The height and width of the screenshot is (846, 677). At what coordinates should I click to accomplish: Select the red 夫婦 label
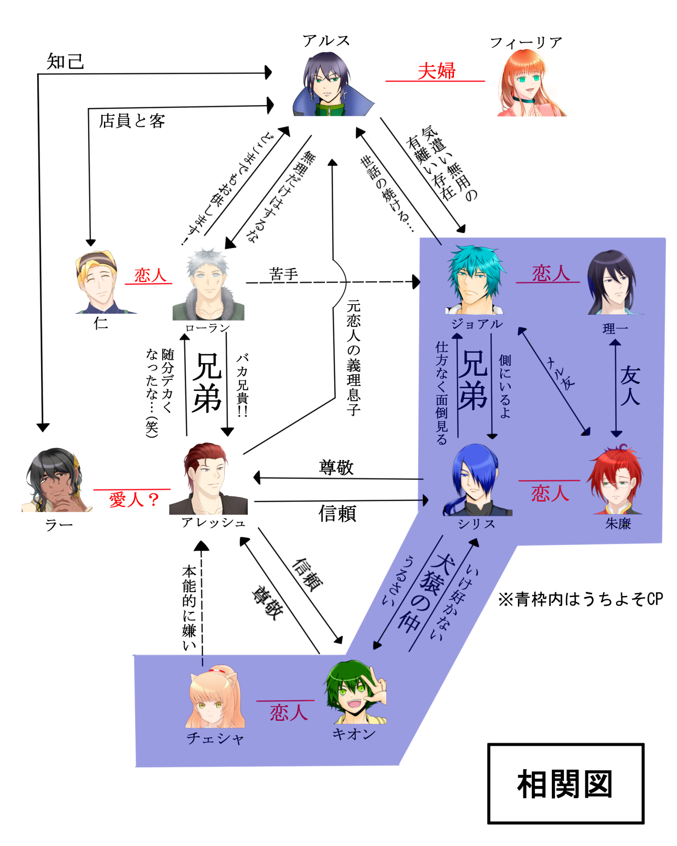[436, 71]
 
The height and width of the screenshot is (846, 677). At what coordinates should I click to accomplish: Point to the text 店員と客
[132, 121]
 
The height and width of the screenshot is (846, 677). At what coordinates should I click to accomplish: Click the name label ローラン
[208, 327]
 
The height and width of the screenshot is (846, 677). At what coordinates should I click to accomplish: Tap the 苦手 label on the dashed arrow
[283, 274]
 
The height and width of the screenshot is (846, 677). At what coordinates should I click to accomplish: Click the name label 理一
[615, 328]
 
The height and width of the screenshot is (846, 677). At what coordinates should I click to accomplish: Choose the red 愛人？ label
[134, 500]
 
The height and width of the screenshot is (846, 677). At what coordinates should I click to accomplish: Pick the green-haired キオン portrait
[355, 693]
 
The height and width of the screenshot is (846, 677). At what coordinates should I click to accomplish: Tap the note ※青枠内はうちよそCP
[580, 600]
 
